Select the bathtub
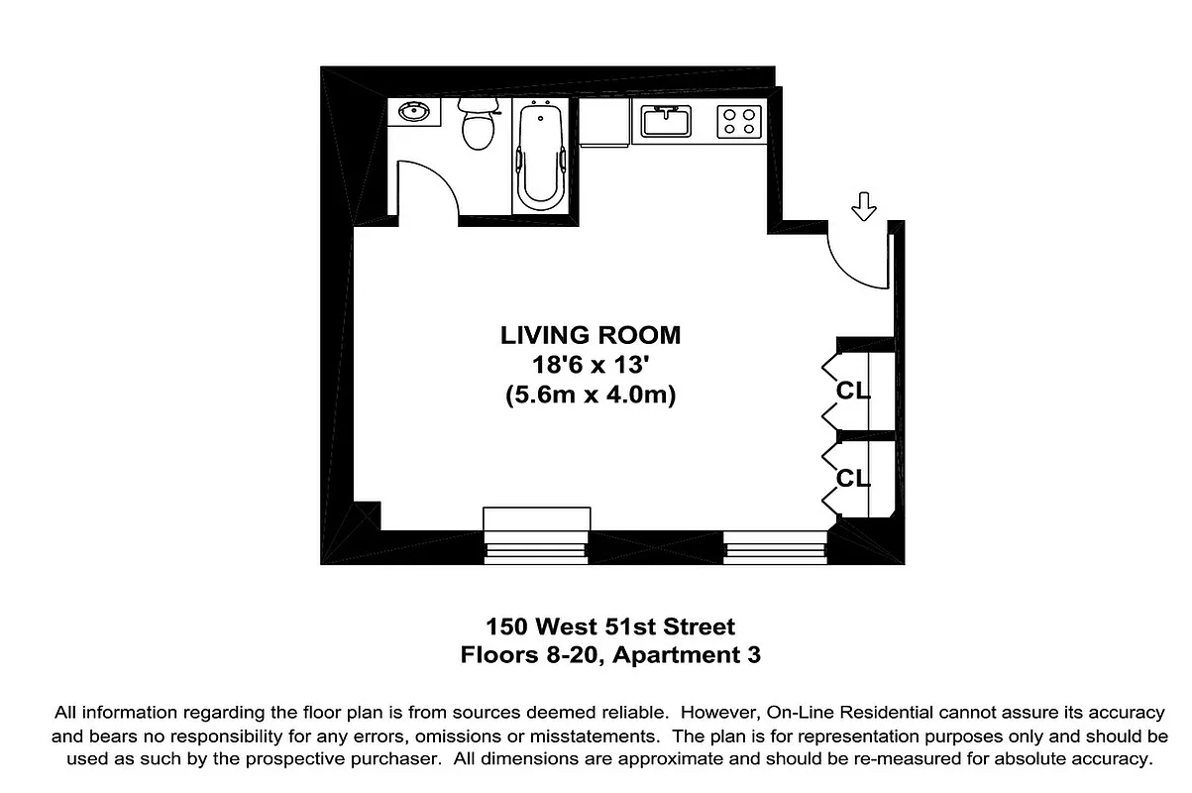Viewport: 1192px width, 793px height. tap(541, 156)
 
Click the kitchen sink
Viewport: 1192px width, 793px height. tap(666, 121)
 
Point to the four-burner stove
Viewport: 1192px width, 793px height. tap(739, 121)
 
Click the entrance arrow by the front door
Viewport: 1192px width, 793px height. tap(865, 206)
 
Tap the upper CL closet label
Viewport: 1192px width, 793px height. tap(853, 391)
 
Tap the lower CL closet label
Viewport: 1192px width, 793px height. tap(853, 479)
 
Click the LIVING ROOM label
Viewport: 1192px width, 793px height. tap(591, 334)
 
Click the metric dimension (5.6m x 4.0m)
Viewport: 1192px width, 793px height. tap(591, 396)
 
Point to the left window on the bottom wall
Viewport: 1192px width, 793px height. tap(536, 543)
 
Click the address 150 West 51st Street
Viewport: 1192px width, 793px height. tap(610, 626)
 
